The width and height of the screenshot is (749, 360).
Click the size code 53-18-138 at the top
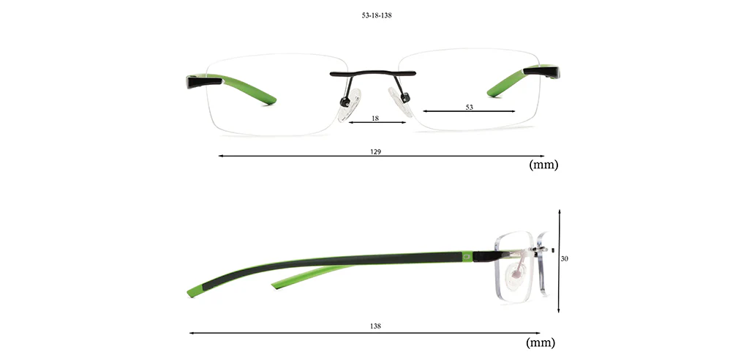coord(377,15)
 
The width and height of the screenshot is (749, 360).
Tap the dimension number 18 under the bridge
coord(375,118)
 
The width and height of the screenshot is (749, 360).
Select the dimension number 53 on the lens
coord(469,107)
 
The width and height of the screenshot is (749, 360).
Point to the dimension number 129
coord(375,151)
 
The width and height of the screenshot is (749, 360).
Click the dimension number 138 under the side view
coord(375,326)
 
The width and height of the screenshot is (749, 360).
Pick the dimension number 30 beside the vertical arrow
coord(565,258)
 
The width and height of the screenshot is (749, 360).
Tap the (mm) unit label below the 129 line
coord(543,165)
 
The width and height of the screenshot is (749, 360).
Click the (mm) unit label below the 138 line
coord(541,342)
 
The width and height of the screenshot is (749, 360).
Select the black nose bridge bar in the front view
coord(373,74)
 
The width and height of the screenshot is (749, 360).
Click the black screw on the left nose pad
coord(344,102)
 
